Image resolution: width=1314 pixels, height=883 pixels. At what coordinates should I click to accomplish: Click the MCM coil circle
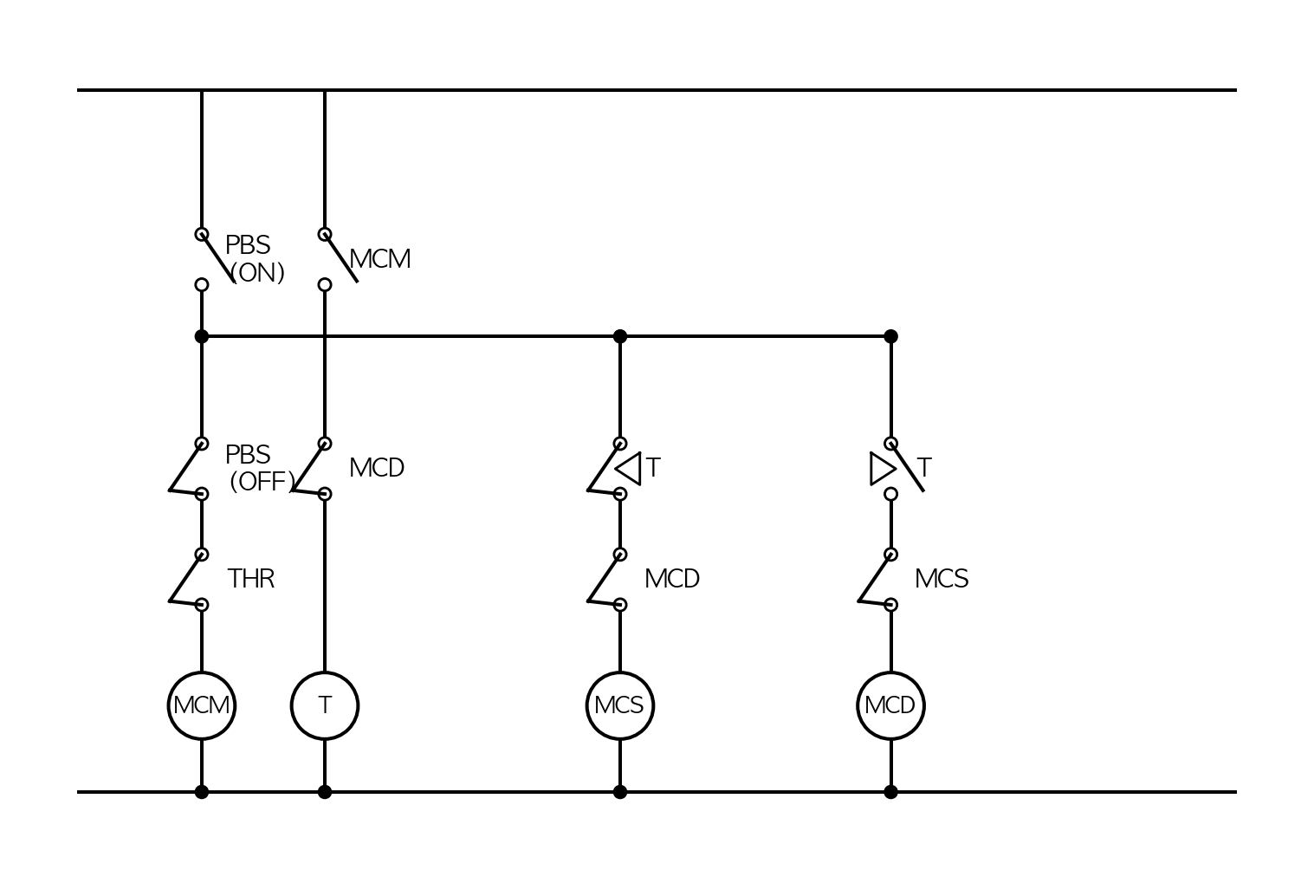tap(202, 672)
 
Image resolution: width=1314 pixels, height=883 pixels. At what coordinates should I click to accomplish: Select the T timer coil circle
tap(325, 672)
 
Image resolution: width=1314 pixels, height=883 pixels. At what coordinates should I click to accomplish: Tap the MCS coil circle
tap(620, 672)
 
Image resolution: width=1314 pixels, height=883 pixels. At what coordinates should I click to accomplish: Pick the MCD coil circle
tap(890, 672)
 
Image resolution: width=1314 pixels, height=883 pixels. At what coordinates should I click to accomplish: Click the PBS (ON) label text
tap(256, 259)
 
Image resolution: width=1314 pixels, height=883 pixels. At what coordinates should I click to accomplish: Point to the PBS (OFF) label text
tap(260, 468)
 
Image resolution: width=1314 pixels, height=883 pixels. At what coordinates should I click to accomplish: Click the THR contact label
tap(251, 579)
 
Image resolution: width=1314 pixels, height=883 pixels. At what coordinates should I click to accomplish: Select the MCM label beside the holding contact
tap(380, 259)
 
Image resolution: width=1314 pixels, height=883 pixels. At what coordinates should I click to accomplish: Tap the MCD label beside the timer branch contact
tap(377, 468)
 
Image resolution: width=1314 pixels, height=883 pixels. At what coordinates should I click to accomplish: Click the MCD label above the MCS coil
tap(672, 579)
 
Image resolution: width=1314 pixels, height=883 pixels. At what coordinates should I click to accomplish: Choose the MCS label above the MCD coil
tap(942, 579)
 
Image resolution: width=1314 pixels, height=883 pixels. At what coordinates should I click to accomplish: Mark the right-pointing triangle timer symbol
tap(884, 469)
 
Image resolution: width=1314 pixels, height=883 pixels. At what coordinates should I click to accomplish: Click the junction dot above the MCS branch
tap(620, 336)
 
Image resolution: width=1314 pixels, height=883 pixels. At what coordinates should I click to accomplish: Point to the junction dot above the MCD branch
tap(890, 336)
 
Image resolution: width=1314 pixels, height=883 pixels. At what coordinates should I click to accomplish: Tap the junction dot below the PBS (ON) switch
tap(202, 336)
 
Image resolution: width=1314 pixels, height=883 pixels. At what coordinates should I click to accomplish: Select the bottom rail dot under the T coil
tap(325, 792)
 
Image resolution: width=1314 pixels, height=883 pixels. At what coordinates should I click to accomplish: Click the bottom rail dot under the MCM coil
tap(202, 792)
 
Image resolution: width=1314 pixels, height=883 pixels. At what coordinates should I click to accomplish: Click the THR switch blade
tap(186, 578)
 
